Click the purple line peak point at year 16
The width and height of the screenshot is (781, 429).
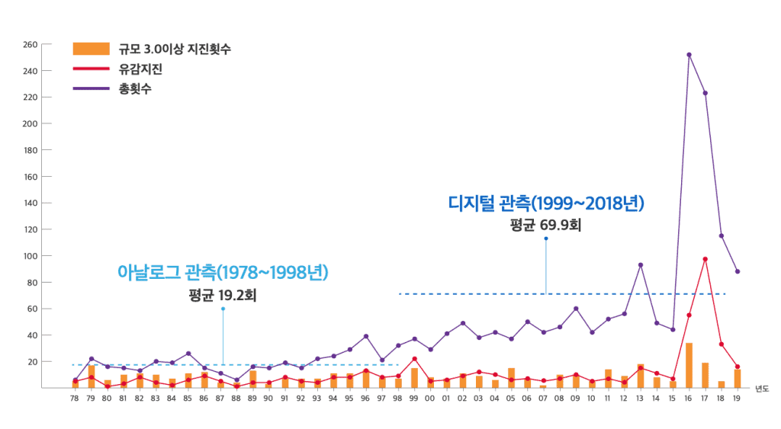click(x=689, y=55)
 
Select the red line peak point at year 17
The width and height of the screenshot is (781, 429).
click(x=705, y=259)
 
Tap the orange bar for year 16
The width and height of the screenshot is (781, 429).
click(x=689, y=365)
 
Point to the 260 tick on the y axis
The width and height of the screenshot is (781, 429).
click(x=30, y=44)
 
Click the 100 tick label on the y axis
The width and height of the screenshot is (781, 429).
click(x=30, y=256)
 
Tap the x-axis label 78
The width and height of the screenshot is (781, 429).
click(x=75, y=399)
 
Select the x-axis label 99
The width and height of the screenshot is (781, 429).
click(x=414, y=399)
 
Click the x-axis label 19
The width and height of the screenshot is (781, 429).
click(x=737, y=399)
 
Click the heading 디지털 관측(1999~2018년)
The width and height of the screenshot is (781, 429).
click(x=547, y=203)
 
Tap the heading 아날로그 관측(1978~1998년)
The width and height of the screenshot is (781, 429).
click(x=222, y=272)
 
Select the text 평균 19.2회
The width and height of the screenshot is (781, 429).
click(x=222, y=295)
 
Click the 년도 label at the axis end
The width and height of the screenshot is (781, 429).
click(x=761, y=389)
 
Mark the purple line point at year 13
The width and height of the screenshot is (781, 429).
click(x=641, y=265)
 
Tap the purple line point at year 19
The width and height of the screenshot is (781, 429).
click(x=738, y=271)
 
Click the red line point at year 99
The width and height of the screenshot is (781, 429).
click(x=414, y=359)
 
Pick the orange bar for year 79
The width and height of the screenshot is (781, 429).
click(x=92, y=376)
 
